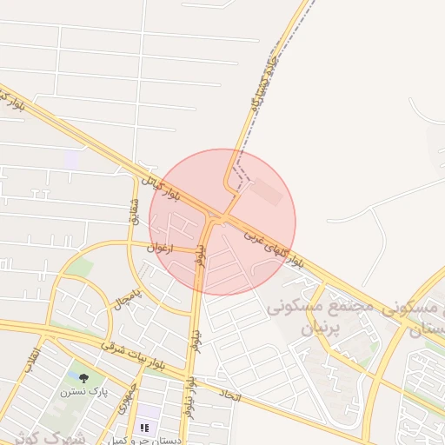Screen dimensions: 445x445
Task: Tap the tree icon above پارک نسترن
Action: pyautogui.click(x=83, y=378)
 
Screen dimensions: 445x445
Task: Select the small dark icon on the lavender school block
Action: pyautogui.click(x=144, y=428)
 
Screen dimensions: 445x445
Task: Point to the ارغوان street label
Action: pyautogui.click(x=161, y=248)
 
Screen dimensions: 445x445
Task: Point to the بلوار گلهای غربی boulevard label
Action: pyautogui.click(x=273, y=247)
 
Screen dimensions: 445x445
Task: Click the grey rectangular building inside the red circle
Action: pyautogui.click(x=267, y=192)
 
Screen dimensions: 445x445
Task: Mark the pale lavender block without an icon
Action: pyautogui.click(x=72, y=159)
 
